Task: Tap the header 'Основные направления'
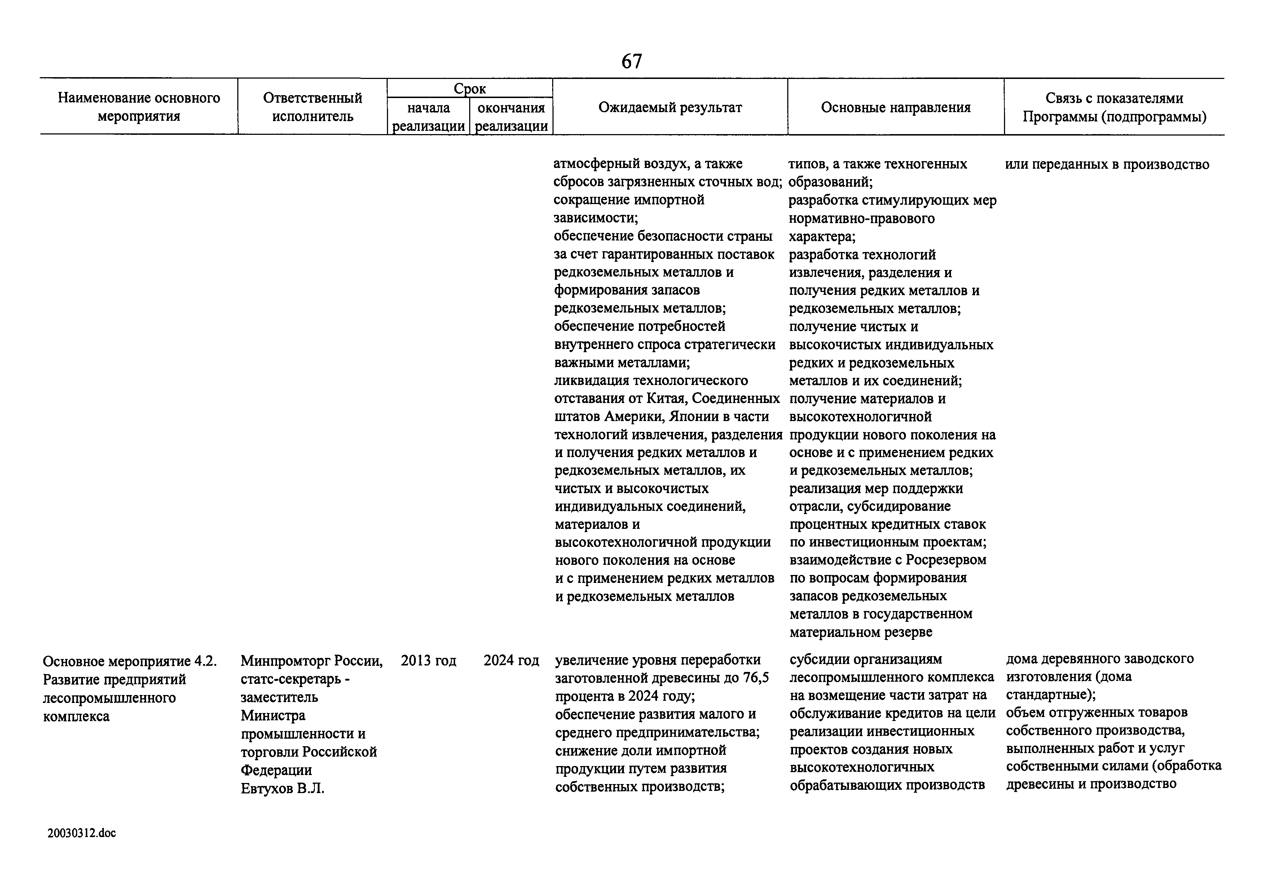pyautogui.click(x=895, y=107)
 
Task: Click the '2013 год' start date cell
pyautogui.click(x=428, y=660)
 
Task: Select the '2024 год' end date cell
pyautogui.click(x=511, y=660)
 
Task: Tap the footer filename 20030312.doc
pyautogui.click(x=82, y=833)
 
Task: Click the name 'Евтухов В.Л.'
pyautogui.click(x=282, y=788)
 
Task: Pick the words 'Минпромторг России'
pyautogui.click(x=311, y=660)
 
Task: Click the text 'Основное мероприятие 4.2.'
pyautogui.click(x=130, y=661)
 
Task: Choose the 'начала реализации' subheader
pyautogui.click(x=428, y=117)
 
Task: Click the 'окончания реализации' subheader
pyautogui.click(x=511, y=117)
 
